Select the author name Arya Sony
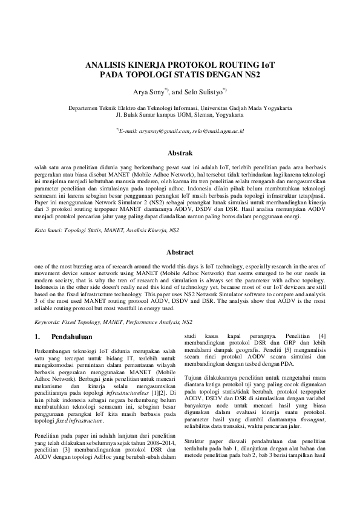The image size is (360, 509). tap(148, 93)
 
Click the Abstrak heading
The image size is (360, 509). tap(180, 154)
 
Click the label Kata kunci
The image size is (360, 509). tap(49, 230)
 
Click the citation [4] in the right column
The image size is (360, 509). tap(322, 335)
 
